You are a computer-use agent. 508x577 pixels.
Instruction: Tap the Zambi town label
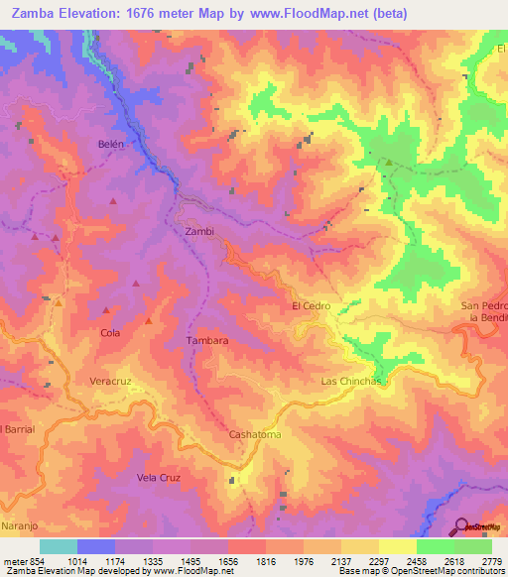tap(199, 232)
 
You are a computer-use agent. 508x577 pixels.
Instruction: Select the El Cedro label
tap(311, 306)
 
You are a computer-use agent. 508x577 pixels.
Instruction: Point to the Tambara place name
tap(207, 340)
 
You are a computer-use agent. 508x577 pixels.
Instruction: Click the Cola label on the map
tap(110, 333)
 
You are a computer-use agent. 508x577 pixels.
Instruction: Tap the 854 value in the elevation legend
tap(26, 560)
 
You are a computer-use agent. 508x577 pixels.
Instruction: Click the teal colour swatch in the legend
tap(59, 546)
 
